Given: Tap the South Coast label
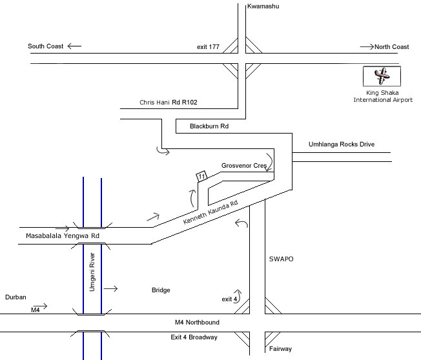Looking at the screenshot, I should [45, 46].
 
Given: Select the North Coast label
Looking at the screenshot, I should [392, 46].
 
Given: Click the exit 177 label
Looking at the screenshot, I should [209, 48].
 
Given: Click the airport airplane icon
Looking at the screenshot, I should [382, 77].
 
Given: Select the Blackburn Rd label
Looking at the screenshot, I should [209, 127].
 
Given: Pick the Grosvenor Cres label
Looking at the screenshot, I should [244, 166].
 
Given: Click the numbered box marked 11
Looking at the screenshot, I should [201, 176].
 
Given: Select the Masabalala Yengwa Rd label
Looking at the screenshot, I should [63, 236].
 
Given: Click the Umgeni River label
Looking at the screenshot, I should [92, 273].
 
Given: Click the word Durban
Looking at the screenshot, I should [15, 297].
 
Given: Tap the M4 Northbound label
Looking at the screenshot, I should [198, 322].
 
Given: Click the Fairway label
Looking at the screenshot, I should [280, 349].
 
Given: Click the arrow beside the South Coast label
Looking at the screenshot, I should [74, 46].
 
